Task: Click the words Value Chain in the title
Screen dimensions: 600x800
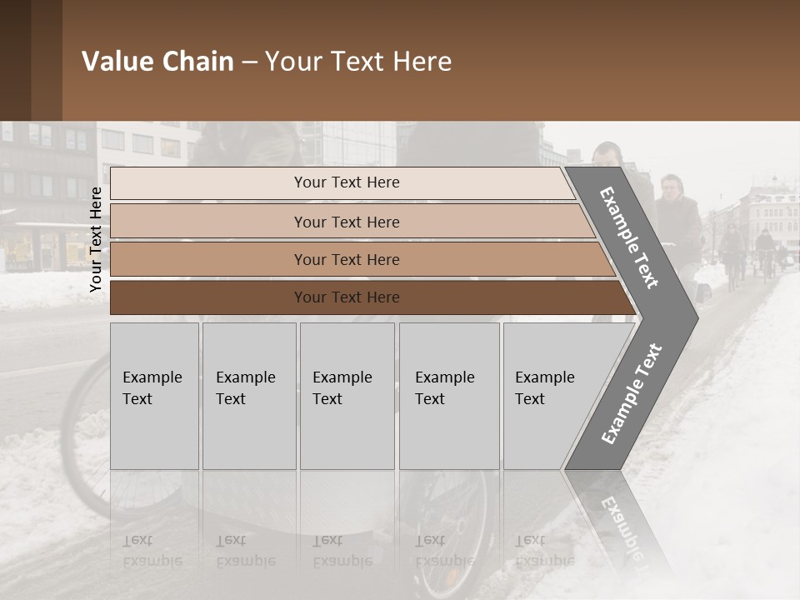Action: [x=157, y=62]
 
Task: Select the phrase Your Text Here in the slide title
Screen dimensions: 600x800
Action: [x=358, y=62]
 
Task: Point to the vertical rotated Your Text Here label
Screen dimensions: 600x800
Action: [x=96, y=239]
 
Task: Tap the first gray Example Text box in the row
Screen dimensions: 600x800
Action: [x=154, y=396]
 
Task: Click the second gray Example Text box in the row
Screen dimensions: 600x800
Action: [x=248, y=396]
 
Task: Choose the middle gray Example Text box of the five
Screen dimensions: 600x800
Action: [x=347, y=396]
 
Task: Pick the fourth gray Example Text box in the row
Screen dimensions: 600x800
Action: [x=449, y=396]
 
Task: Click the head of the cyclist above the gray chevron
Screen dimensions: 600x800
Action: [x=607, y=155]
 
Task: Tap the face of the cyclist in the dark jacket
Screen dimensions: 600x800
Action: [x=671, y=187]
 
